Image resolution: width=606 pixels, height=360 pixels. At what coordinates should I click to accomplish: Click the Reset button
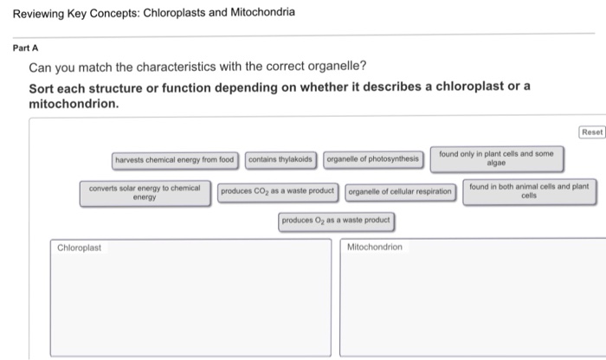coord(592,132)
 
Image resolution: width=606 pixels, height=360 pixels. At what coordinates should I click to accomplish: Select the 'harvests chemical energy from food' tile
coord(175,159)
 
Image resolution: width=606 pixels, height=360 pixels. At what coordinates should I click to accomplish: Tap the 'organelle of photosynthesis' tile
coord(372,159)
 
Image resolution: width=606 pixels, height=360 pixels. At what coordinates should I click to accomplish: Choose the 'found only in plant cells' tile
coord(495,157)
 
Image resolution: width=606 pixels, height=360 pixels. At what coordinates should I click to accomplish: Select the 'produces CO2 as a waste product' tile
coord(276,190)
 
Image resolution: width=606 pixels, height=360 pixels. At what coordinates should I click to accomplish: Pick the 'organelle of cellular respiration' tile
coord(400,191)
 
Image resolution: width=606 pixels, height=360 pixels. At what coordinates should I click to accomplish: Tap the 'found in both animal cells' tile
coord(529,190)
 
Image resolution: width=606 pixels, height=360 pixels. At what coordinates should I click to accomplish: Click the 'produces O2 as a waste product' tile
coord(336,221)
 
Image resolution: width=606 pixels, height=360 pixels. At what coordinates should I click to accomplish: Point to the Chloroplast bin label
coord(80,247)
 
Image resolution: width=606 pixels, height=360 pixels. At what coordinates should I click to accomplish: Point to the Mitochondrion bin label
coord(374,247)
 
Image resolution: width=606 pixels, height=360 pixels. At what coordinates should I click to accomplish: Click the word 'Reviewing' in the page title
coord(35,13)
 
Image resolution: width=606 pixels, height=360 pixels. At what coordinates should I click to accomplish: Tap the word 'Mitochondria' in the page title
coord(260,13)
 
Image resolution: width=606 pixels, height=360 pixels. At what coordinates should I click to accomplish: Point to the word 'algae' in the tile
coord(495,163)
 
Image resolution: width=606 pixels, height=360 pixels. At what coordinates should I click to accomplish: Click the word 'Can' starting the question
coord(41,67)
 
